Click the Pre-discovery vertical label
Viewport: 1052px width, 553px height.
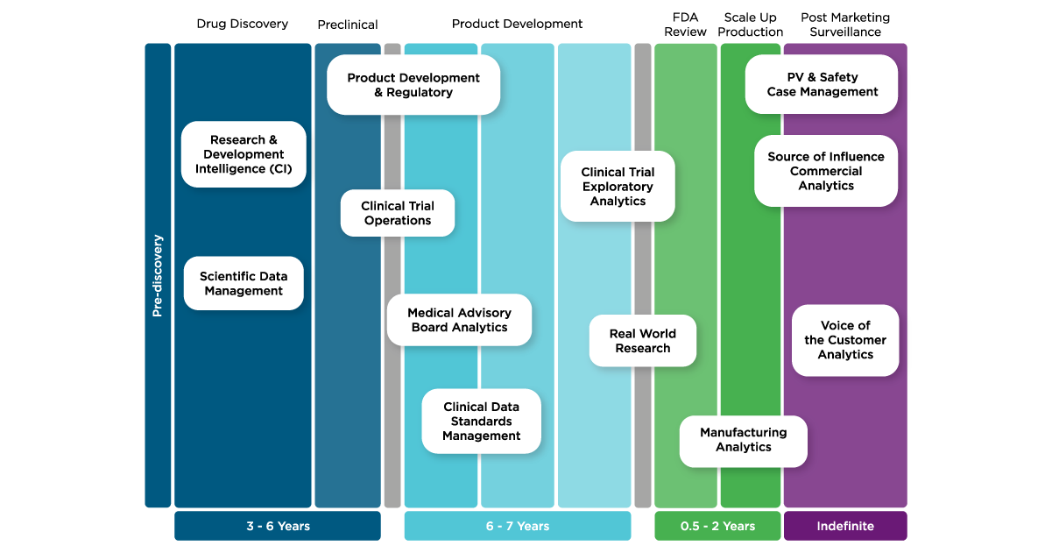(x=158, y=275)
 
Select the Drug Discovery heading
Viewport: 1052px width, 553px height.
(x=243, y=24)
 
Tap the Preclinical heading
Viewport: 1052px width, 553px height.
(x=347, y=25)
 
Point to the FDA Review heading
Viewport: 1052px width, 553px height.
(x=685, y=25)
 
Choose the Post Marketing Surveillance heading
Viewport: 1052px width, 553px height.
(x=844, y=25)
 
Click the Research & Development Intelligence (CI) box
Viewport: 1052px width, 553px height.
(x=244, y=154)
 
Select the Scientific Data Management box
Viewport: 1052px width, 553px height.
(x=244, y=284)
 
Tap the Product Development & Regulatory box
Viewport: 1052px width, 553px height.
(x=413, y=85)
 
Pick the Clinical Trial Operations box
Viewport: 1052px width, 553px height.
(x=398, y=213)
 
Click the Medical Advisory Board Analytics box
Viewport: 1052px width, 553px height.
(x=459, y=320)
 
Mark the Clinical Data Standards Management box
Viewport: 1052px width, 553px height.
(x=481, y=422)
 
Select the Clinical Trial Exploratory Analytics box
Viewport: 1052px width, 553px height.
(x=618, y=187)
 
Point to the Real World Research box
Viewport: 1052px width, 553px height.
(x=643, y=341)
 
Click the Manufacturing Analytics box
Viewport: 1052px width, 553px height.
(x=743, y=440)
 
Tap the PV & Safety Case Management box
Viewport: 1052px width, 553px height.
(x=822, y=84)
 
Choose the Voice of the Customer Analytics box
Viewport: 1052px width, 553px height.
(x=845, y=340)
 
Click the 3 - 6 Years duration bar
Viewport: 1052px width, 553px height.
(x=278, y=526)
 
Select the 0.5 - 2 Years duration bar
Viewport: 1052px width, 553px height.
(x=717, y=526)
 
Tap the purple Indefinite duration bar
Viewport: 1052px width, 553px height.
(x=845, y=526)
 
